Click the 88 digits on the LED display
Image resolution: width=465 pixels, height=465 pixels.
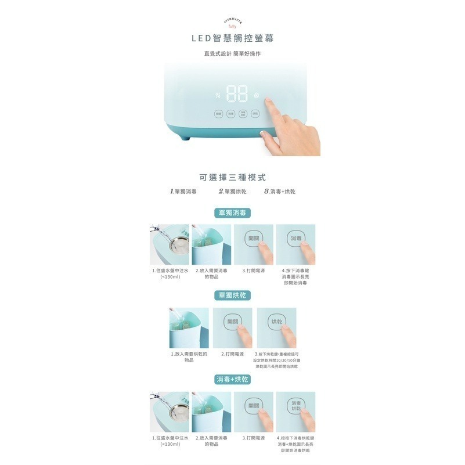(237, 94)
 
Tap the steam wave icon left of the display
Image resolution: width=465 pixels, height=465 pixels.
(218, 96)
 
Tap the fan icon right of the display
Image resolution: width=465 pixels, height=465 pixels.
(256, 96)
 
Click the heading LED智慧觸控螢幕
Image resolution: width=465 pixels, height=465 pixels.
(232, 38)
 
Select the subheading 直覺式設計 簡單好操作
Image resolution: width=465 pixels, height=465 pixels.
(232, 53)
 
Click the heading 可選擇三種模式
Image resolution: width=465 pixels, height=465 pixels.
(232, 177)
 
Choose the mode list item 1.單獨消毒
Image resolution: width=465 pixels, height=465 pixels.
(183, 191)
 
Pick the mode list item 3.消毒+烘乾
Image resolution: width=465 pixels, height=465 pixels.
(279, 191)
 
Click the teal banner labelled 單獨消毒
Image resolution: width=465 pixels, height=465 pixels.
(232, 213)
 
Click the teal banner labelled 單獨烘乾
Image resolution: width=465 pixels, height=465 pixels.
(232, 295)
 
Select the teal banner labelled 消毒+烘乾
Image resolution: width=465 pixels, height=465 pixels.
(232, 379)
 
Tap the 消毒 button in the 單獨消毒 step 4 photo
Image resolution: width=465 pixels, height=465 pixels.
(296, 239)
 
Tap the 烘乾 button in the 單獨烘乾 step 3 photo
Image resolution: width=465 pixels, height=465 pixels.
(277, 322)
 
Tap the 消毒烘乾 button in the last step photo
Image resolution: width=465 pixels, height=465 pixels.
(296, 406)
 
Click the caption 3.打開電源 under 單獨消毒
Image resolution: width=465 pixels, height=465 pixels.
(254, 271)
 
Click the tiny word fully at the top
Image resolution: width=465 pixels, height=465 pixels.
(232, 27)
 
